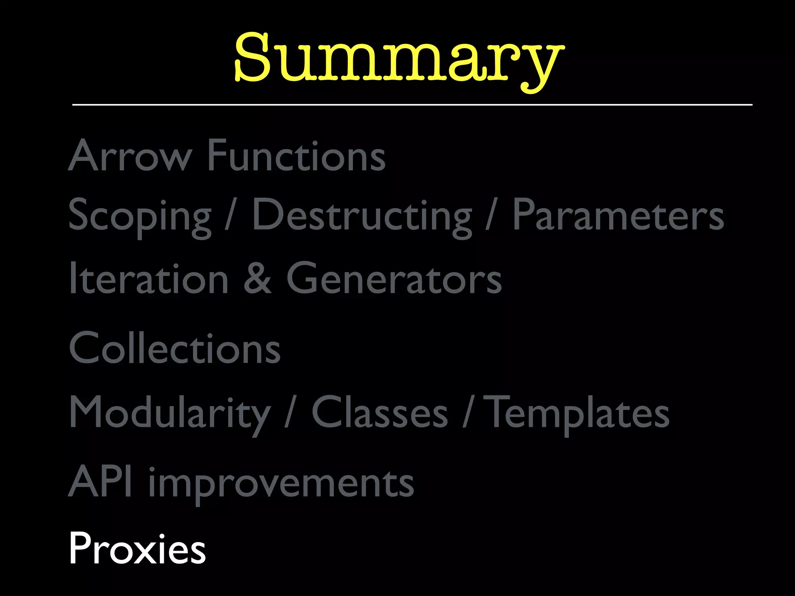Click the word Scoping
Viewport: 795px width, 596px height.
click(x=140, y=216)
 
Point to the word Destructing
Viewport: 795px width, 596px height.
click(x=362, y=216)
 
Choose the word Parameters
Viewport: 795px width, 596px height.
click(x=618, y=216)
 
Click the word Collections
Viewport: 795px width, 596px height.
click(x=175, y=348)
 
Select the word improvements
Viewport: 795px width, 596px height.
click(x=281, y=483)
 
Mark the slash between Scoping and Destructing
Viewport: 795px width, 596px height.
click(x=231, y=216)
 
